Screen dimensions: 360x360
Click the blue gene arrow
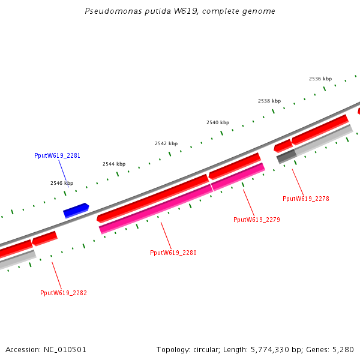(76, 210)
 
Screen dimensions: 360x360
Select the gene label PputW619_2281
(58, 156)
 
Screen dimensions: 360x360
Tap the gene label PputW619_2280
(173, 253)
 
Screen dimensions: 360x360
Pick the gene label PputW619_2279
(257, 220)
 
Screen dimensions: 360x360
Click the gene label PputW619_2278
(306, 199)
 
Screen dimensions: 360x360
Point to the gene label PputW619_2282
(64, 293)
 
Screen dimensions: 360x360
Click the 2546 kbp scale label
(62, 183)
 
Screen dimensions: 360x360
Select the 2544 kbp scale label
(114, 164)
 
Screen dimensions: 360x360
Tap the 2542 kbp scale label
(166, 143)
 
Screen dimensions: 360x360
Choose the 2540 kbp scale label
(218, 122)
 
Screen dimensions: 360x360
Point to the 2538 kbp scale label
(269, 101)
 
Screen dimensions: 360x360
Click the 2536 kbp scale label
(320, 79)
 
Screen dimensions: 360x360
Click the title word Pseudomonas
(110, 11)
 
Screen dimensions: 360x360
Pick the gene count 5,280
(343, 349)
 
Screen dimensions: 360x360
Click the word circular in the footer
(208, 349)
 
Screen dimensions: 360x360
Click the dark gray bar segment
(286, 156)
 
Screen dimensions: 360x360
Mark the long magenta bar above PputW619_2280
(156, 208)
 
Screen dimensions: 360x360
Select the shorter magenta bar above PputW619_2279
(238, 176)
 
